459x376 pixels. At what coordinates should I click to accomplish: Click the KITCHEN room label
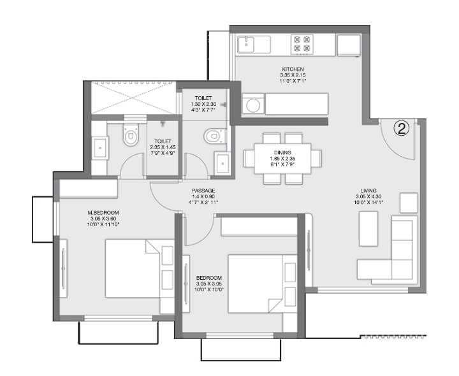tap(293, 69)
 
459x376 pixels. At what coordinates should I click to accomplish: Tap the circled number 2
tap(402, 129)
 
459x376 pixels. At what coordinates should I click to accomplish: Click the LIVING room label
tap(368, 190)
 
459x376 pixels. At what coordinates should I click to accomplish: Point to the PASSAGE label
tap(203, 191)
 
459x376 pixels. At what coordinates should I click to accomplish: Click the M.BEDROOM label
tap(103, 212)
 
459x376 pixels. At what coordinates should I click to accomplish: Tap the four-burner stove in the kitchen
tap(301, 43)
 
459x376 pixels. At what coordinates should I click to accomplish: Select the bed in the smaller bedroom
tap(258, 284)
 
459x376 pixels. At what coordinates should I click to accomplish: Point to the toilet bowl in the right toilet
tap(214, 135)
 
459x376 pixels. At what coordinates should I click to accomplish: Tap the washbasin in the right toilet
tap(222, 163)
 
